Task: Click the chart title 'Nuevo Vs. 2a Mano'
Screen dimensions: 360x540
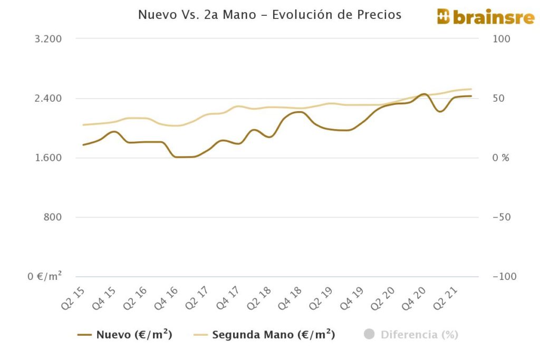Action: (269, 15)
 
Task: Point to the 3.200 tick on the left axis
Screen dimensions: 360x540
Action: (49, 39)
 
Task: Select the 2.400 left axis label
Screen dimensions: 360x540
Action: (49, 99)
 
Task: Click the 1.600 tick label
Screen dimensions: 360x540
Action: (49, 158)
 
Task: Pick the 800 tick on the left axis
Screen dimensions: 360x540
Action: (53, 217)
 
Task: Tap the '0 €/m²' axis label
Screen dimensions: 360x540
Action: (45, 276)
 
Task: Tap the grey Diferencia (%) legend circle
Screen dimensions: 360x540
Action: (369, 334)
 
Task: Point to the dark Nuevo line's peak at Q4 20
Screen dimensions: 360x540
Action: (423, 94)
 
